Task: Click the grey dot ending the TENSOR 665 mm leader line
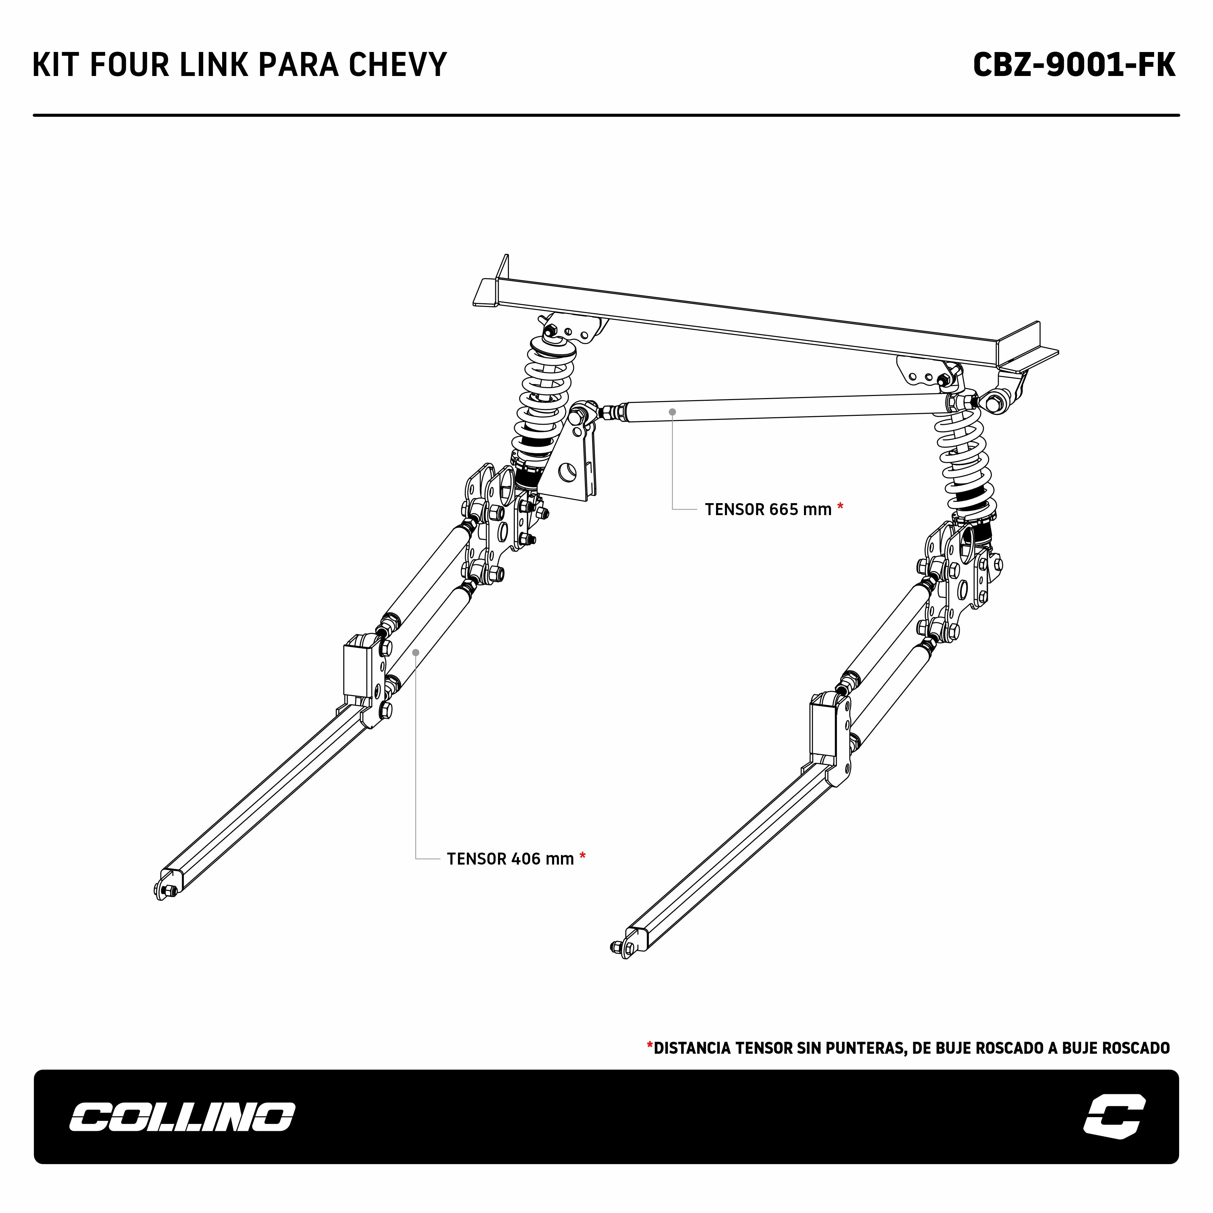pos(673,412)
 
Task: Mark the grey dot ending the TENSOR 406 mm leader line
pos(416,652)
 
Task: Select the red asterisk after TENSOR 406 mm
pos(583,856)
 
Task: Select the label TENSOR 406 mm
pos(510,859)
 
